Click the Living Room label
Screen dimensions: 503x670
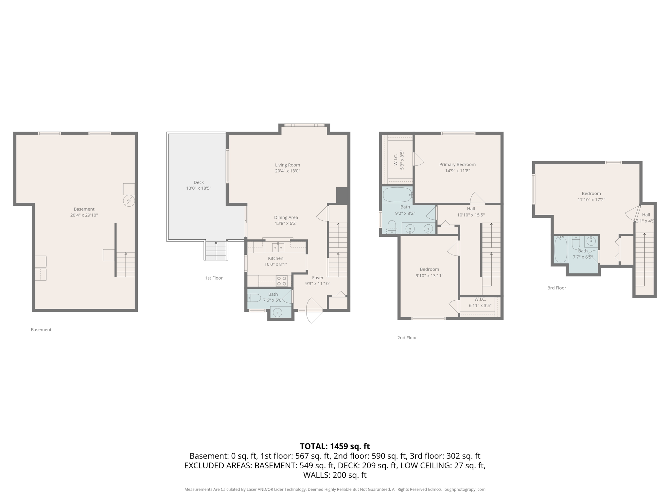(287, 165)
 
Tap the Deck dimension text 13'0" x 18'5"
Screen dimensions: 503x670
(199, 188)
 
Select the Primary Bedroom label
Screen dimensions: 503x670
(457, 164)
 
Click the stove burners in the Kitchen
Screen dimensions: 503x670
(282, 281)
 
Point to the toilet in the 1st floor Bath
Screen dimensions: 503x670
(255, 298)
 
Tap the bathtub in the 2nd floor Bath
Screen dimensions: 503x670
(397, 195)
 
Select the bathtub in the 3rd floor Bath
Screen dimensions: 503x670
(561, 250)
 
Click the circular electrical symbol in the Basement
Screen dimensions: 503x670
(129, 201)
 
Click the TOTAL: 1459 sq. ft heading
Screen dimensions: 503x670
(335, 446)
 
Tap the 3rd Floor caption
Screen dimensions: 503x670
(556, 288)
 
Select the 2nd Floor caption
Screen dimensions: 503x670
(407, 338)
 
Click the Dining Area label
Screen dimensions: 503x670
(286, 217)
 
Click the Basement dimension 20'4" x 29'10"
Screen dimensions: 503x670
(84, 215)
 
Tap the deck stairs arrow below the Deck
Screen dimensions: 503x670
(216, 243)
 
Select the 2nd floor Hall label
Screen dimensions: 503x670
(471, 209)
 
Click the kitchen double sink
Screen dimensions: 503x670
(278, 248)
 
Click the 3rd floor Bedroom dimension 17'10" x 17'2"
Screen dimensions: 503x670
(591, 199)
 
